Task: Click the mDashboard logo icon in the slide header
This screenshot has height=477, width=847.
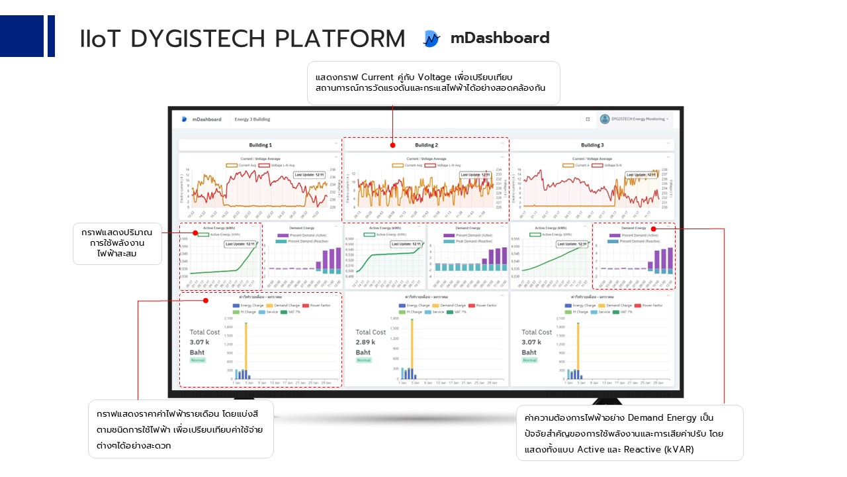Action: coord(431,39)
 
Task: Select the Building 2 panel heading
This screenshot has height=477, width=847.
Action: coord(426,145)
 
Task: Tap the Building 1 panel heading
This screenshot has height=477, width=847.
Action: coord(259,145)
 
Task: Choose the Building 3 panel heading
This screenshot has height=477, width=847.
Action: coord(592,145)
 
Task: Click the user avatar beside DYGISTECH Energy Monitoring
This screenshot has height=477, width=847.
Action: coord(604,119)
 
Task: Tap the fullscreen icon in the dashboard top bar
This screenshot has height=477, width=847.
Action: coord(588,119)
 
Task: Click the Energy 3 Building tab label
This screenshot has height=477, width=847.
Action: coord(252,119)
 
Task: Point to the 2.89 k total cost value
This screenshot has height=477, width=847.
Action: coord(365,342)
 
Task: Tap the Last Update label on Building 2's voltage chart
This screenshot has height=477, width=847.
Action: coord(474,175)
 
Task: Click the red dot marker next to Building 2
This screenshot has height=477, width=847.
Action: coord(392,145)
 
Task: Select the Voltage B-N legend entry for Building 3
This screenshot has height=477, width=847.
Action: coord(618,165)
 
